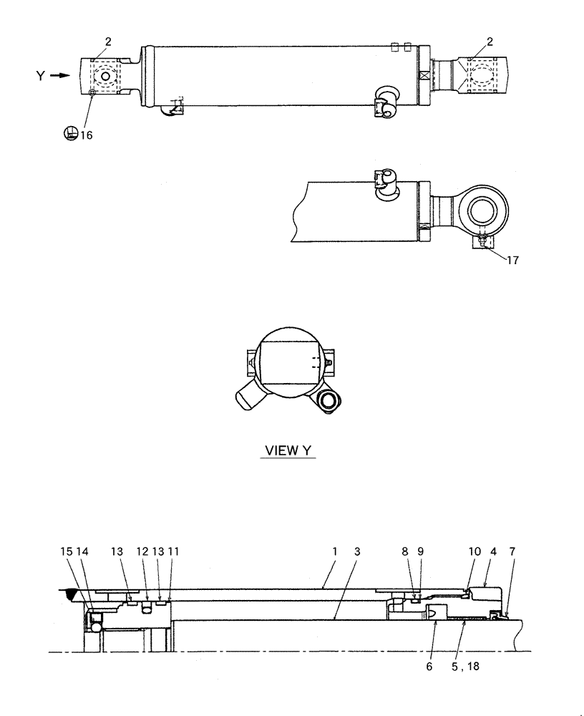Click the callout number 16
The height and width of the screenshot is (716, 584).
[x=86, y=134]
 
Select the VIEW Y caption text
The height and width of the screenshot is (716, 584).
[x=288, y=451]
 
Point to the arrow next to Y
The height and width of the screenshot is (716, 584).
[x=62, y=74]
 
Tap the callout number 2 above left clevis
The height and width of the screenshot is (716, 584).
[x=108, y=42]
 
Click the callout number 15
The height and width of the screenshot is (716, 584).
[x=66, y=552]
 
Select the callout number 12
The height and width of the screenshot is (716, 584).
[x=142, y=552]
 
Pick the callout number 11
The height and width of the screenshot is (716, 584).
[x=173, y=552]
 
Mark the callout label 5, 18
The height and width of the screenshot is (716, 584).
[x=465, y=666]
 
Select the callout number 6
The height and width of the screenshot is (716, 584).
[x=429, y=666]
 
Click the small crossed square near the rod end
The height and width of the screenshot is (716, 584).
[x=423, y=74]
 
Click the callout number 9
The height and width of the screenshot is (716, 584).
[x=421, y=552]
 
